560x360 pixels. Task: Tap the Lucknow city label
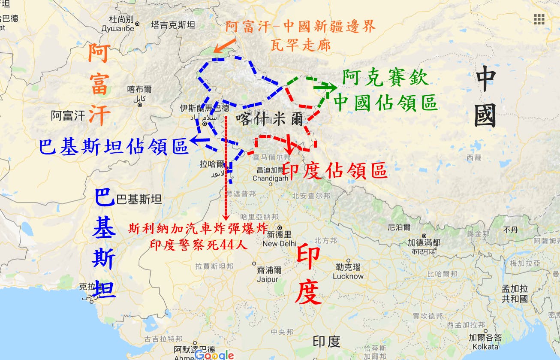[348, 276]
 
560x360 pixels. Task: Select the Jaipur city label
[265, 279]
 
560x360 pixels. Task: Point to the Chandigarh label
[271, 178]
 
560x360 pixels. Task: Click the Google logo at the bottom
[214, 355]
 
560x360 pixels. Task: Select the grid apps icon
[539, 19]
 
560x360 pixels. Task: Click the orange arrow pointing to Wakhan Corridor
[225, 46]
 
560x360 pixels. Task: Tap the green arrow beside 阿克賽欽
[325, 87]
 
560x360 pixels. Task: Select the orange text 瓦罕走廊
[301, 44]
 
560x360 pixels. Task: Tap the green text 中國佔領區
[385, 103]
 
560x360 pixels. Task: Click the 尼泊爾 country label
[399, 227]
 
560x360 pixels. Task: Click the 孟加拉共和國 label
[515, 293]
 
